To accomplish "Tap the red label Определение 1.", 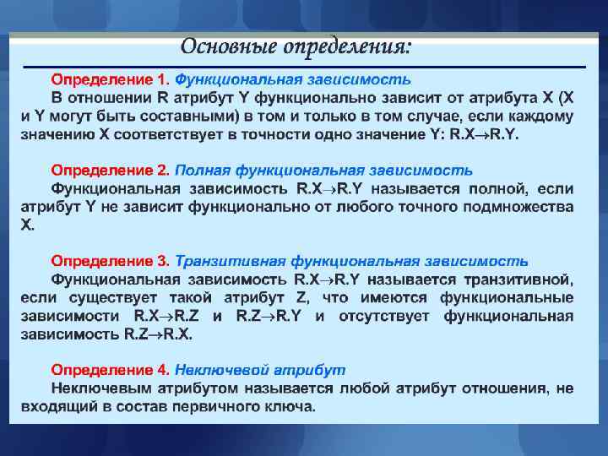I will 111,79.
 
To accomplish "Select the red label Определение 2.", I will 111,170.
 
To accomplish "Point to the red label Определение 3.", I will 111,261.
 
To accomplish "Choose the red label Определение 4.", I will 111,371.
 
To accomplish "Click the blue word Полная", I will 200,170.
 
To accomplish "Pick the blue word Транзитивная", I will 227,261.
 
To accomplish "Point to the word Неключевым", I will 104,388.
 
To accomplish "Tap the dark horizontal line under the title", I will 304,67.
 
